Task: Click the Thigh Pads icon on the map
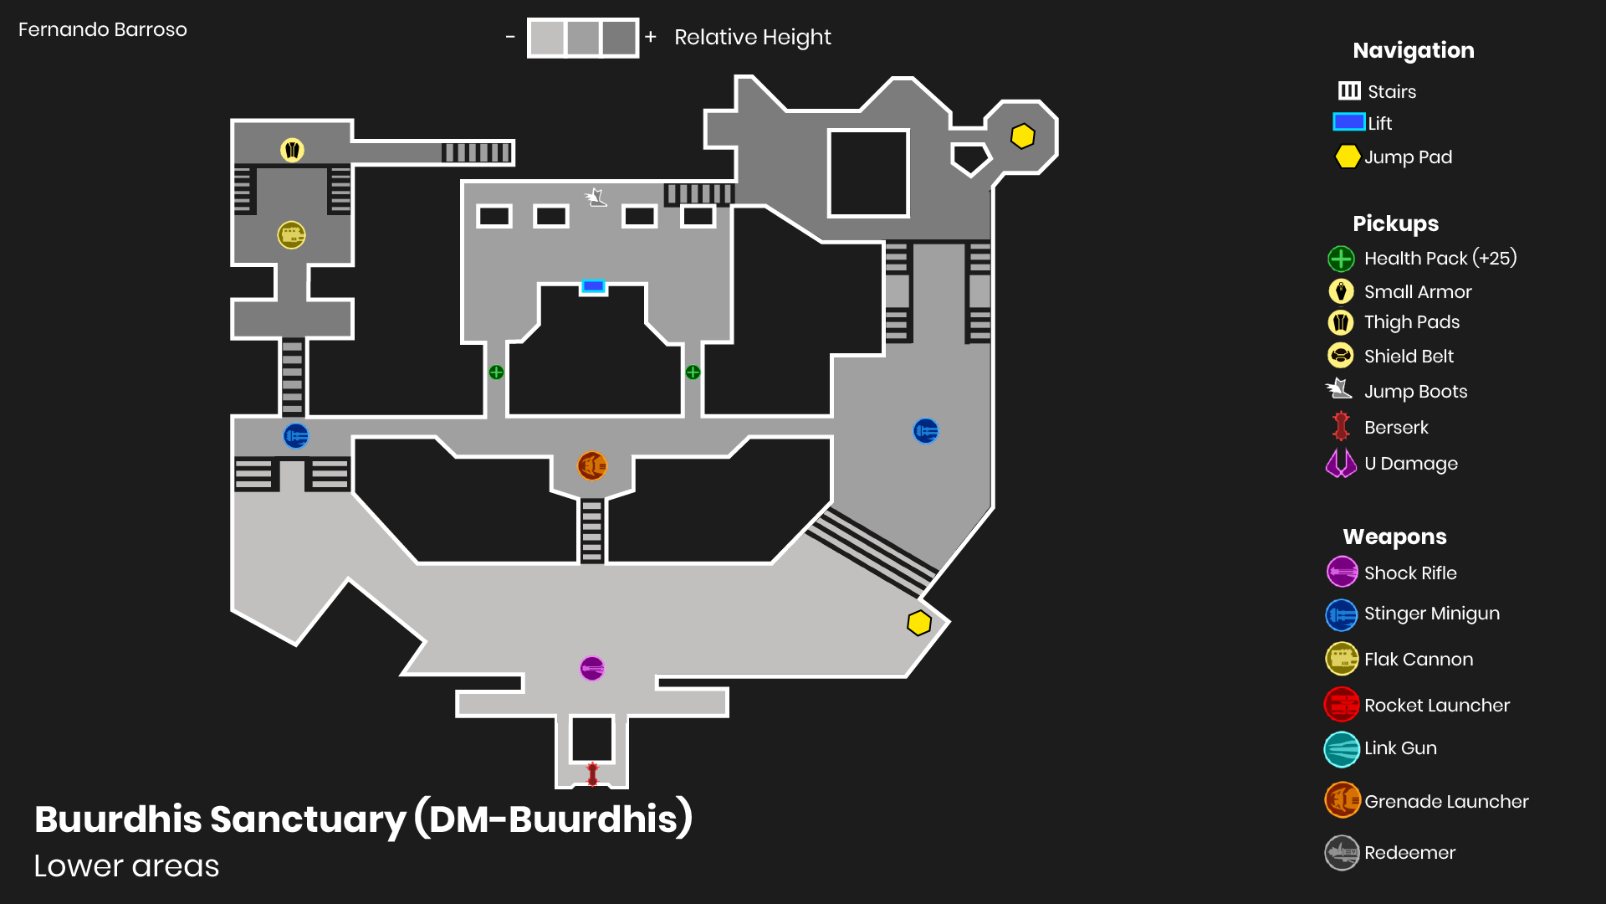click(x=292, y=151)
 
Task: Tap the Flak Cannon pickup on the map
click(x=291, y=235)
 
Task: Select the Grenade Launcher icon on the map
click(x=592, y=465)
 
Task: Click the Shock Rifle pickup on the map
click(x=592, y=668)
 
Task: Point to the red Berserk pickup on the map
click(x=592, y=773)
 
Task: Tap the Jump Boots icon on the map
click(x=596, y=198)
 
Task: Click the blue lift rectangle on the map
click(x=593, y=286)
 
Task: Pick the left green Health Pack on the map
click(x=496, y=372)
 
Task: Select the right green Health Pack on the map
click(x=693, y=372)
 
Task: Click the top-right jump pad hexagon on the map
click(x=1022, y=136)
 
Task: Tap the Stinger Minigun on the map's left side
click(x=296, y=436)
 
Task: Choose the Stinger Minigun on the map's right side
click(x=926, y=431)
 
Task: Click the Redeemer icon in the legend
click(x=1342, y=853)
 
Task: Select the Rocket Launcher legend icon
click(x=1342, y=705)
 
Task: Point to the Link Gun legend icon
click(x=1342, y=749)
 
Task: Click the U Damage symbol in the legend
click(x=1341, y=463)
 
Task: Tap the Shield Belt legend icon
click(x=1341, y=356)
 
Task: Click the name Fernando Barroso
click(x=103, y=30)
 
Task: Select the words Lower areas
click(x=126, y=866)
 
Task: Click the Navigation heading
click(x=1413, y=50)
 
